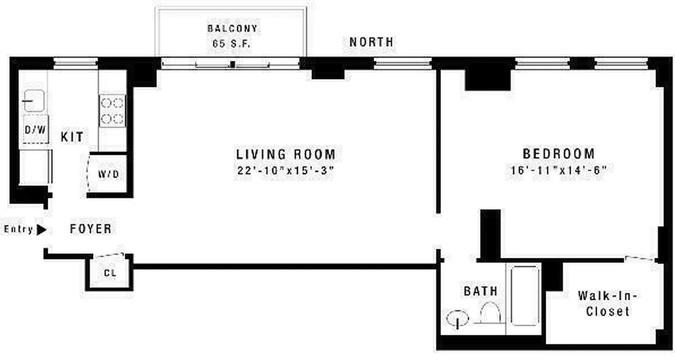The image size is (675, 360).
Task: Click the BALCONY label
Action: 232,28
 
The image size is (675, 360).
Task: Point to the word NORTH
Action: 371,42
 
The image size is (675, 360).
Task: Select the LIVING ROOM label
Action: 286,154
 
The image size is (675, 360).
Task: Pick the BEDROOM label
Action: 558,153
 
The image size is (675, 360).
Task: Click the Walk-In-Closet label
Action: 607,303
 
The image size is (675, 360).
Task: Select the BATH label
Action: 481,291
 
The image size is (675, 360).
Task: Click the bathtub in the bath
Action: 525,295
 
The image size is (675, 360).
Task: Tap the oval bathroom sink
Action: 457,319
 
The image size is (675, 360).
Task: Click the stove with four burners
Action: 112,111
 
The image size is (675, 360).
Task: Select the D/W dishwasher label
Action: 35,130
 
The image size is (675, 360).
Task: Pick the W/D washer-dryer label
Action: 109,174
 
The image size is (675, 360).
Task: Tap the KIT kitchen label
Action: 72,137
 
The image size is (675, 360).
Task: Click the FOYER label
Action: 91,229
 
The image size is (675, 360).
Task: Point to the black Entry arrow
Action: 41,230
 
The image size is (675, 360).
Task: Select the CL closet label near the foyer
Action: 110,273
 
